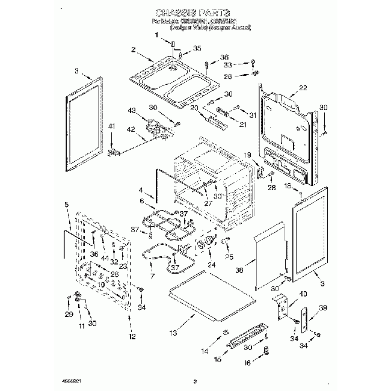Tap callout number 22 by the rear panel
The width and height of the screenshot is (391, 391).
303,88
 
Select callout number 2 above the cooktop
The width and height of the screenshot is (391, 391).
134,50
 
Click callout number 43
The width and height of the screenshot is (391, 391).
132,111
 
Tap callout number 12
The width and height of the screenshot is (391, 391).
132,337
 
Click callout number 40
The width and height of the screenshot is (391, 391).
303,294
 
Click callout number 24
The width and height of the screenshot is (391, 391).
211,264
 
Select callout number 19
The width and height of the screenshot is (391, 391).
247,155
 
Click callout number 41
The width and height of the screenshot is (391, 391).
111,126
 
